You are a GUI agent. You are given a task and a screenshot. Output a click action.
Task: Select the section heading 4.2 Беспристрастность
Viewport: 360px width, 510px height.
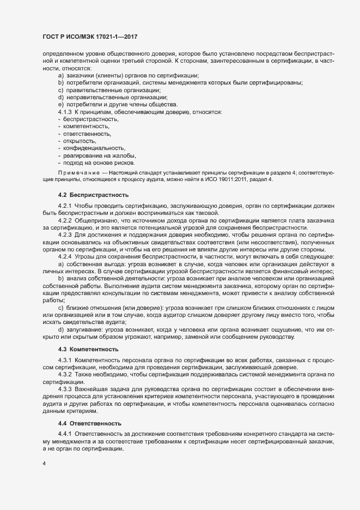[93, 194]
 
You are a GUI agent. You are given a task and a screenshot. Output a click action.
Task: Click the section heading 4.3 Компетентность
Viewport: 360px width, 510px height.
[91, 348]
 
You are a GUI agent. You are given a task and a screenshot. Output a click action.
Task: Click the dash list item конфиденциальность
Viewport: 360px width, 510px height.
[94, 148]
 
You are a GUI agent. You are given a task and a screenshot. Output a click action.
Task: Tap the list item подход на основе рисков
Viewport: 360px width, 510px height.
[99, 163]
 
